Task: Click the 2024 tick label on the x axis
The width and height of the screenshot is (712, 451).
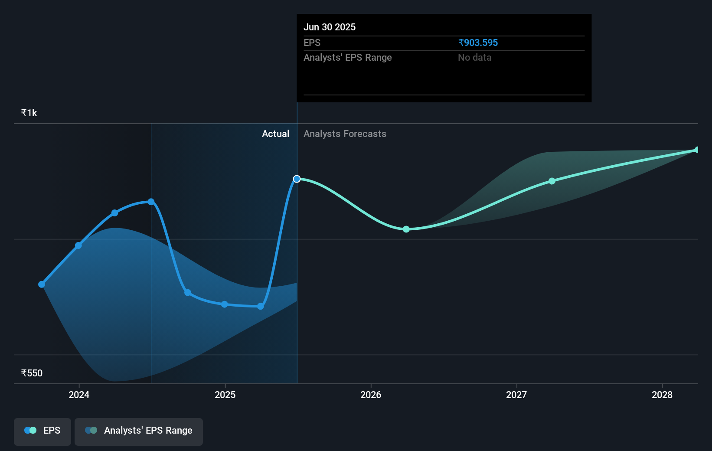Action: click(79, 395)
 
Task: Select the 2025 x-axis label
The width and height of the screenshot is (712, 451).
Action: click(225, 395)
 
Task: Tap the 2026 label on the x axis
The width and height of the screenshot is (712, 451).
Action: click(371, 395)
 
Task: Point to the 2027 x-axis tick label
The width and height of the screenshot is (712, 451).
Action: click(516, 395)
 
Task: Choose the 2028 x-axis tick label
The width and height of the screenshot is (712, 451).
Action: click(662, 395)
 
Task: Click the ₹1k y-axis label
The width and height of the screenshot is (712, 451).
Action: click(29, 113)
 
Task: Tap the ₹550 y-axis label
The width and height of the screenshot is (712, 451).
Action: click(32, 373)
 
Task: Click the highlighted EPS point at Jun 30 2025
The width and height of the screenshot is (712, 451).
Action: click(297, 179)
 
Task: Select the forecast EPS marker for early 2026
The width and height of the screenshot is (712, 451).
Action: click(406, 229)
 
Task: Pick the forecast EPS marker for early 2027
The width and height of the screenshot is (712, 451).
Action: click(552, 181)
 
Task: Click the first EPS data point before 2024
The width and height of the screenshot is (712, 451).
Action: click(42, 284)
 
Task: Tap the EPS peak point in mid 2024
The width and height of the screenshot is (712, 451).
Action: click(151, 202)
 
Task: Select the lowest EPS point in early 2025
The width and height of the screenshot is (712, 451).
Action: click(261, 306)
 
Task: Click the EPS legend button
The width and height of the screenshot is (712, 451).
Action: click(42, 431)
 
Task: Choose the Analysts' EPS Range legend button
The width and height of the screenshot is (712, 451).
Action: click(139, 431)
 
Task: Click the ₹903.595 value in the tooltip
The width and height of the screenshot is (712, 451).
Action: click(478, 43)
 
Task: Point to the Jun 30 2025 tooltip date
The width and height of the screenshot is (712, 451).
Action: click(330, 27)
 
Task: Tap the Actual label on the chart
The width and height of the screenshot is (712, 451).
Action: click(275, 134)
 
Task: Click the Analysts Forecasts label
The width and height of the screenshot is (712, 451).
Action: click(345, 134)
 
